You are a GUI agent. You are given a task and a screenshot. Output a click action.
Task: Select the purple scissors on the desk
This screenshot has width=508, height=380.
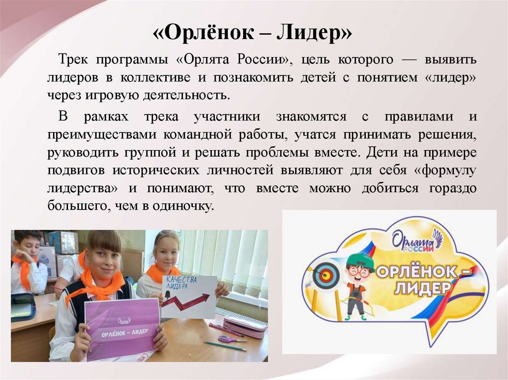point(230,339)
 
